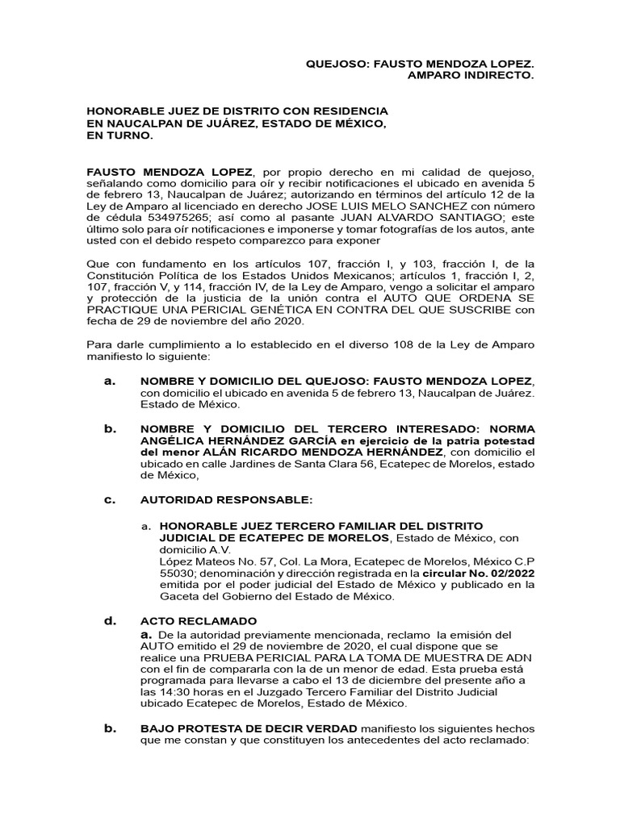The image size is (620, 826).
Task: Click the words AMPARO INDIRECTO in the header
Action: click(471, 74)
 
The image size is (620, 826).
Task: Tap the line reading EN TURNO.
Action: click(119, 136)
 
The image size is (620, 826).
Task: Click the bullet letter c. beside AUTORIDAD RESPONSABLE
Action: click(111, 500)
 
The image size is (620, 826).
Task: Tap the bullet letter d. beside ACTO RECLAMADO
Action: click(111, 621)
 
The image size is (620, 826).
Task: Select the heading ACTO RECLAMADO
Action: click(199, 621)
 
